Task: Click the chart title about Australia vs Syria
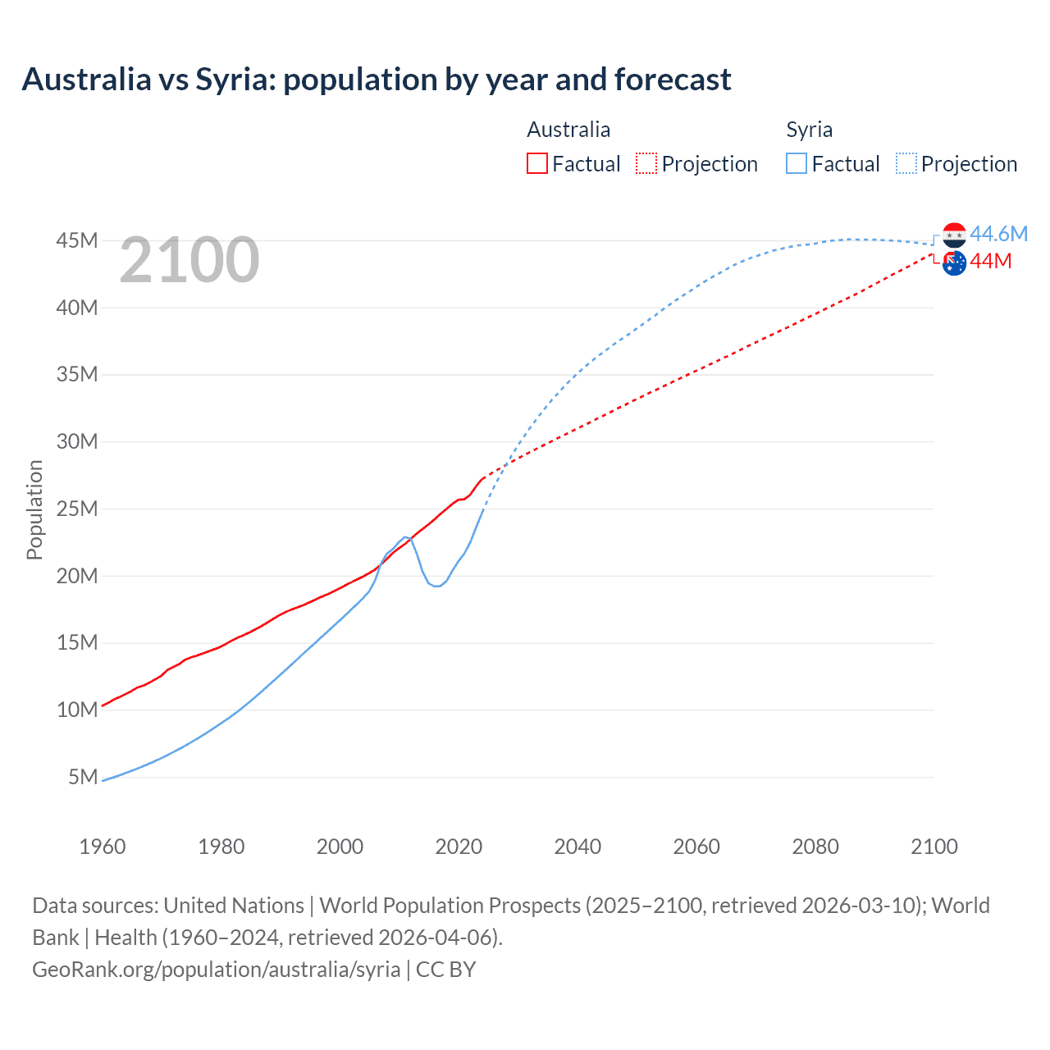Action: (377, 80)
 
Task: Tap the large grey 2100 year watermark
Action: (189, 260)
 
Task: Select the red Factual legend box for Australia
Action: (536, 163)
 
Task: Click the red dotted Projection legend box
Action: (646, 163)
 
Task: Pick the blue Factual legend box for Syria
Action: (796, 163)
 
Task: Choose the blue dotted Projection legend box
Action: (906, 163)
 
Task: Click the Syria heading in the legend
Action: (809, 130)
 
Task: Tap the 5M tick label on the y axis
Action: (83, 776)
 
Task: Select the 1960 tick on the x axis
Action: (103, 847)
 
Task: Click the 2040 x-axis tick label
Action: (577, 847)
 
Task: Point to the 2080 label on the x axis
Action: (815, 847)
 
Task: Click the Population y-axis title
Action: (34, 509)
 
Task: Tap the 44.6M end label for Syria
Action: (998, 234)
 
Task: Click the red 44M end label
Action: (991, 261)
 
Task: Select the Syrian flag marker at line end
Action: (954, 235)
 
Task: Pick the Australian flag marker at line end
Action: (954, 263)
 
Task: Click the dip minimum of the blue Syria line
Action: (436, 586)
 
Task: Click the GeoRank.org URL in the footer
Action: (217, 970)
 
